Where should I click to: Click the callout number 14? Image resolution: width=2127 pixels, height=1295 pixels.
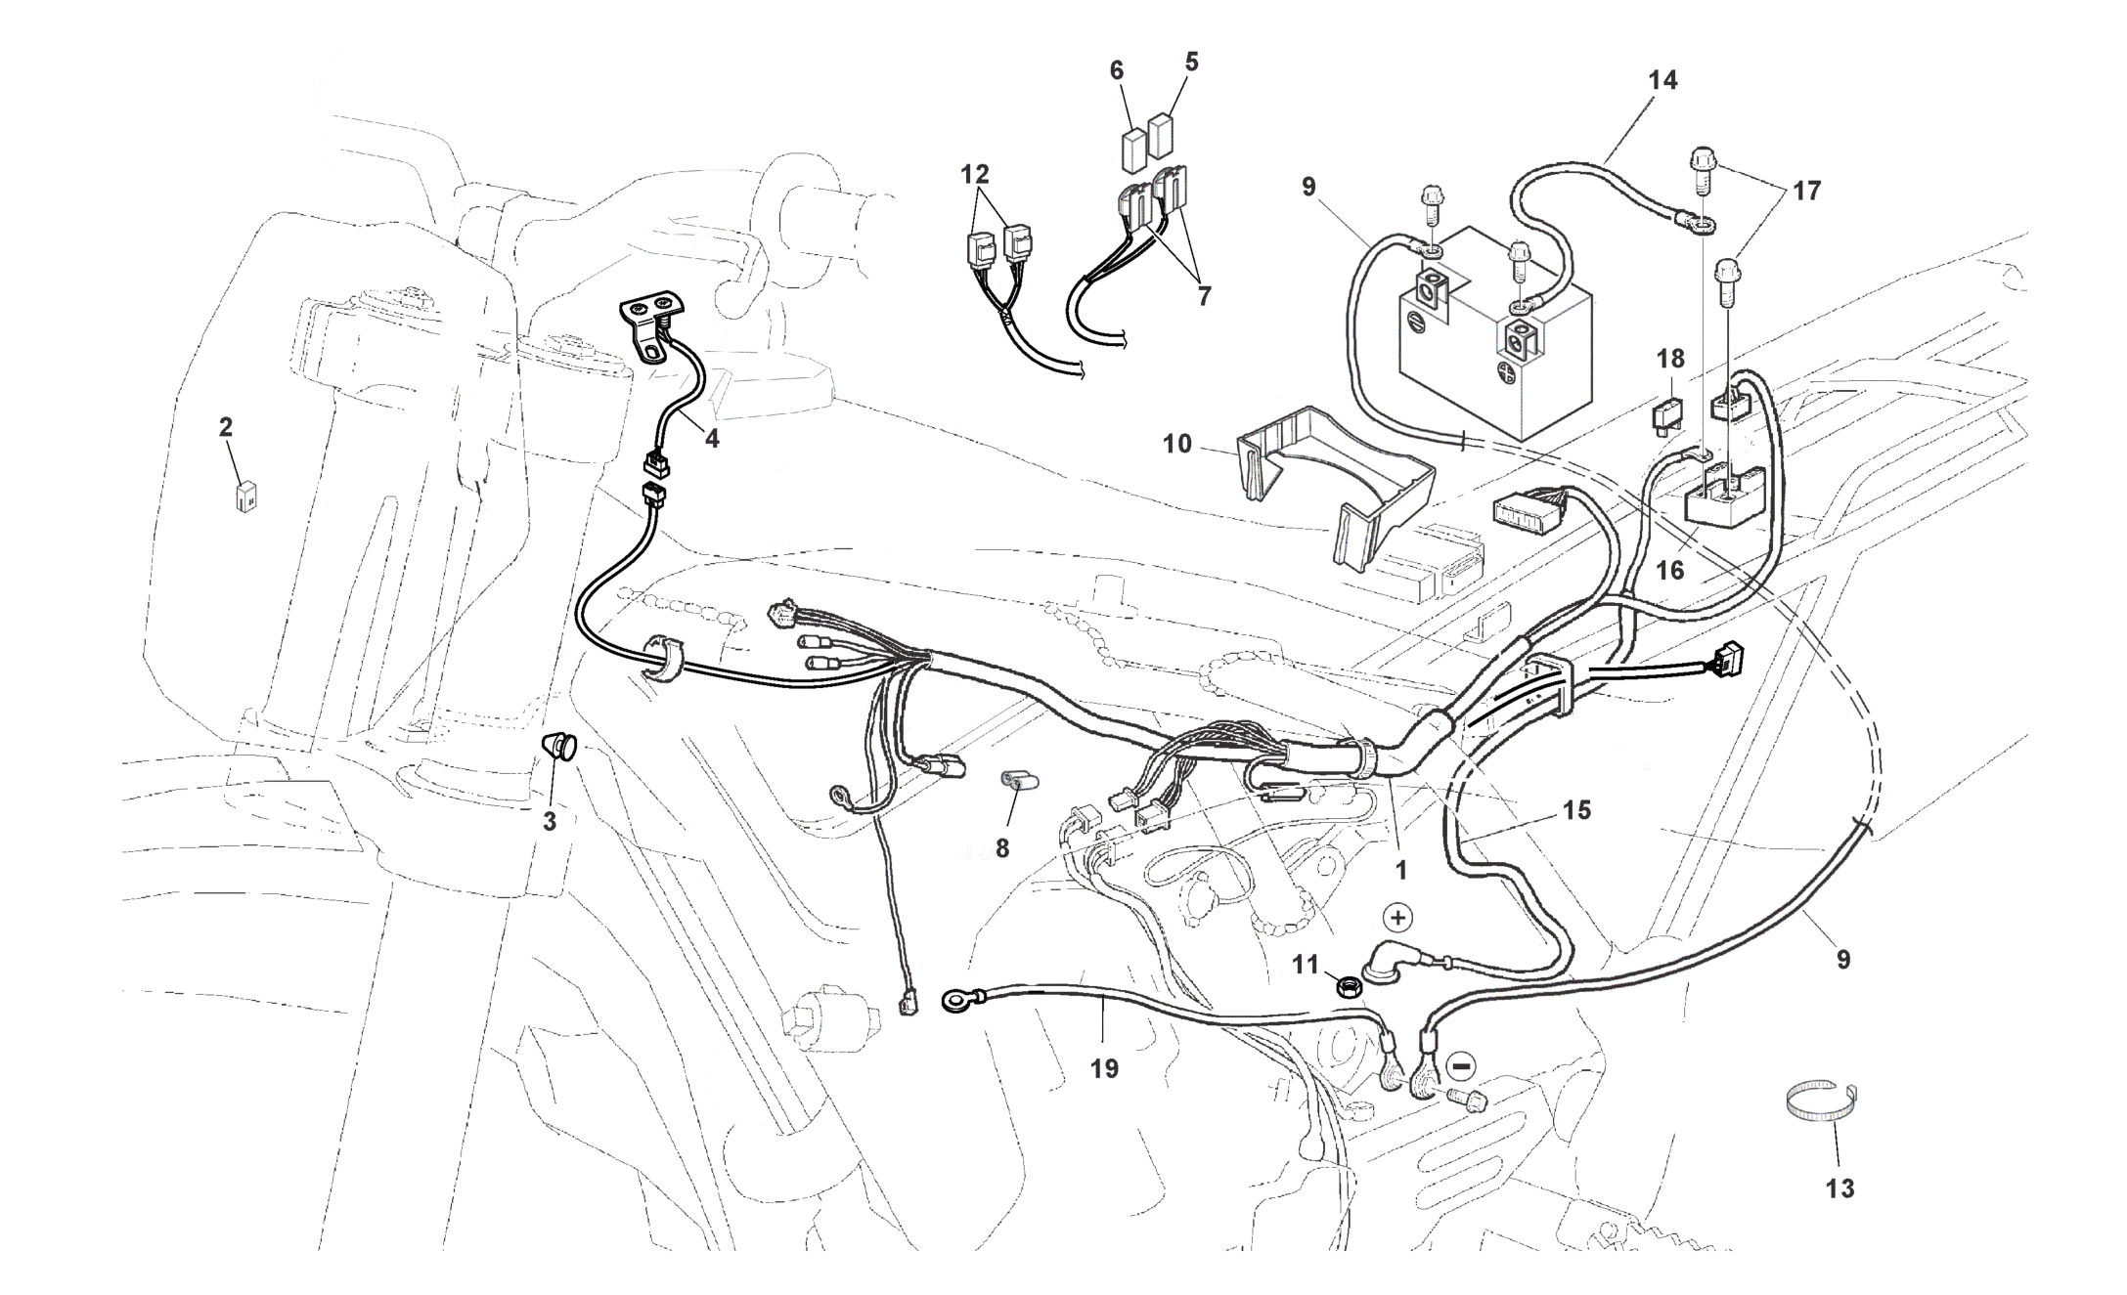click(1662, 81)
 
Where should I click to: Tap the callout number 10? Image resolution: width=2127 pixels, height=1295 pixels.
click(1177, 444)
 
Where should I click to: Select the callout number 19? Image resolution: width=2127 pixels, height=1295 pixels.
click(1104, 1069)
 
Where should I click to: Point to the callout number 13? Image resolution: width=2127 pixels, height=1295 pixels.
click(1839, 1188)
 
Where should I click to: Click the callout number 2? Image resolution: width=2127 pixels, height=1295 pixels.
click(226, 427)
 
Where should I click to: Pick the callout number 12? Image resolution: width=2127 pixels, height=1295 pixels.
click(975, 175)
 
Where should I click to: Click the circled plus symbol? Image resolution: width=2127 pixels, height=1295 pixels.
click(1398, 918)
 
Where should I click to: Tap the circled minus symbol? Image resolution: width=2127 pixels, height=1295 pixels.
click(1461, 1064)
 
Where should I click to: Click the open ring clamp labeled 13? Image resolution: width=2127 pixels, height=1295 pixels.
click(1821, 1101)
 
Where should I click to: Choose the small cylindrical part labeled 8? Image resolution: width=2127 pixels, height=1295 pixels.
click(1018, 782)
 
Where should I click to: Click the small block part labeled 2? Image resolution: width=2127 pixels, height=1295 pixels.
click(244, 496)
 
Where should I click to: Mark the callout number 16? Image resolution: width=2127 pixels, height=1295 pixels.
click(1670, 570)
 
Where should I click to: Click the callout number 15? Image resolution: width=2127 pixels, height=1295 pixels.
click(1576, 810)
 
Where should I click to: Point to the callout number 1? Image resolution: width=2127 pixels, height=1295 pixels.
click(1400, 870)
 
